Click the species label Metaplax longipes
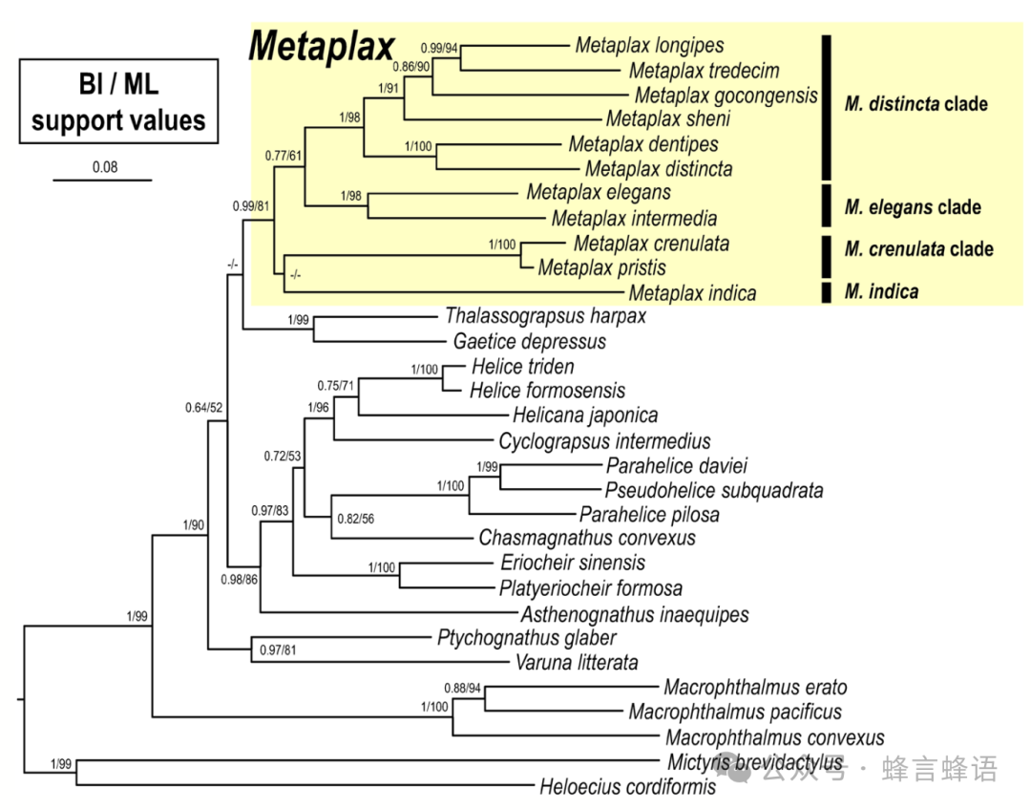click(650, 46)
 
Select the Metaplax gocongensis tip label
click(726, 96)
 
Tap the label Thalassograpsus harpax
click(546, 316)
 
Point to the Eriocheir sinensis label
click(573, 563)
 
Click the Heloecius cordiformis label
click(628, 786)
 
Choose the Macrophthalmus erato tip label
click(755, 687)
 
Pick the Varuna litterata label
click(577, 662)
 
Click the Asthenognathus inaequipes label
click(635, 614)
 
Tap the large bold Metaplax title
click(322, 47)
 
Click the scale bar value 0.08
click(105, 167)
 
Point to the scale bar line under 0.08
click(102, 180)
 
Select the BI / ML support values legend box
click(118, 101)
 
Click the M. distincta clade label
click(915, 104)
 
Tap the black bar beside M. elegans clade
click(827, 205)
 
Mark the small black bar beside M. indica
click(827, 292)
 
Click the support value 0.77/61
click(284, 156)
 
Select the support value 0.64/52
click(204, 408)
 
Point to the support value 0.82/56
click(356, 519)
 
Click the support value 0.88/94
click(463, 689)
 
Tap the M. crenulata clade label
click(919, 249)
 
